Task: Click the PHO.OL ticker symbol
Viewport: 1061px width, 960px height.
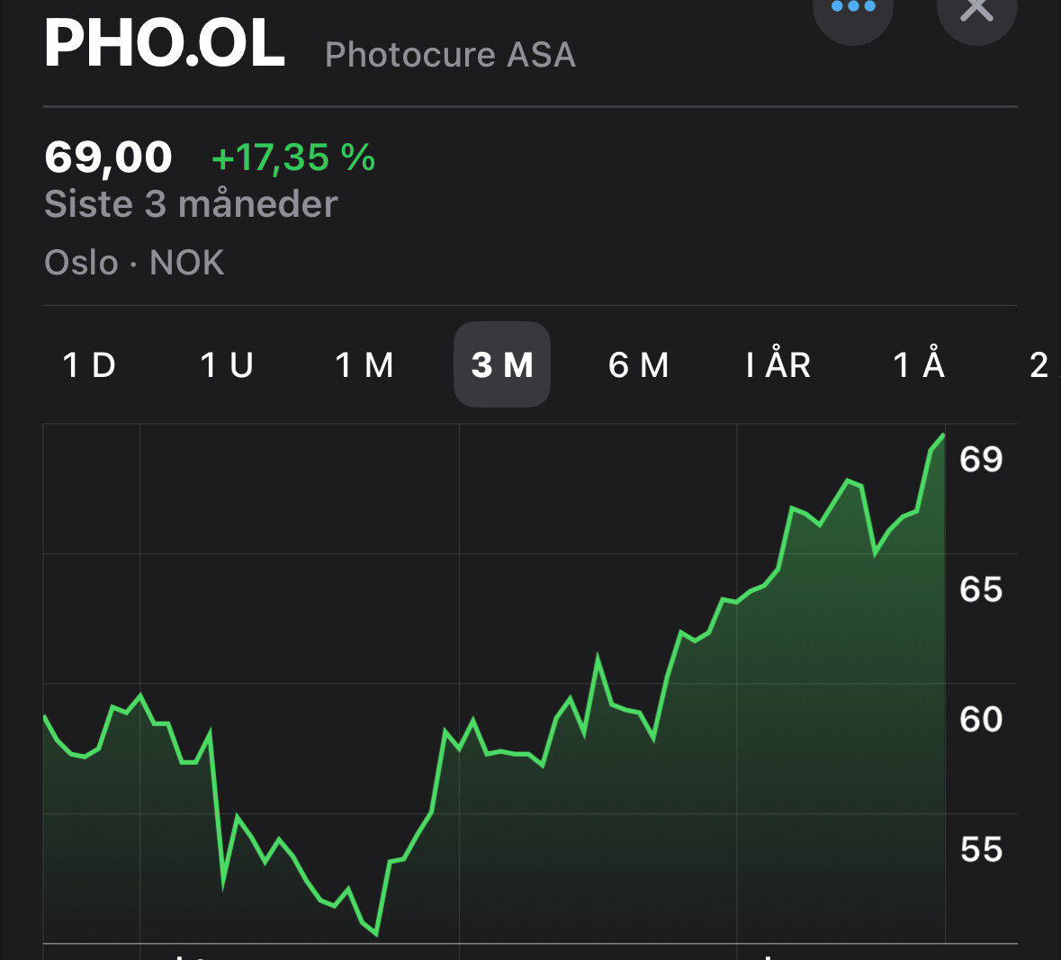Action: coord(165,45)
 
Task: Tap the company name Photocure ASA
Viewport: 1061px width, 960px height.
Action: coord(450,55)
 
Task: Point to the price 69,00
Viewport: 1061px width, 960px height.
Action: coord(108,157)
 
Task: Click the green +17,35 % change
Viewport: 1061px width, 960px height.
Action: coord(292,157)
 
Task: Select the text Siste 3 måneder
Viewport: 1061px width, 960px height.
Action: coord(191,204)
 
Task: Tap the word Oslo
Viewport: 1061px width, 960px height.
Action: coord(81,263)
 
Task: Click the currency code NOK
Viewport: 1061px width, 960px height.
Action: coord(187,263)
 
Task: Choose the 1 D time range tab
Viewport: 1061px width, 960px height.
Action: coord(89,365)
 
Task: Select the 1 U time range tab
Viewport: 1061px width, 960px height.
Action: coord(227,365)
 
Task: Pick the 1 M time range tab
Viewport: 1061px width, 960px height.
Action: coord(364,365)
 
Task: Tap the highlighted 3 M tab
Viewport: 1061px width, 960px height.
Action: coord(502,365)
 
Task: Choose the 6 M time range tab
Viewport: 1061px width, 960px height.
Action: coord(639,365)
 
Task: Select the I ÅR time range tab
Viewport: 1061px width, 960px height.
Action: coord(778,365)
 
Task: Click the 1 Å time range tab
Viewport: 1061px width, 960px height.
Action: coord(919,365)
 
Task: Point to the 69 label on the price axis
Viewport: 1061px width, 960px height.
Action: coord(981,460)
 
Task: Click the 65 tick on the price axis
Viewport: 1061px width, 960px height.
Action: coord(981,589)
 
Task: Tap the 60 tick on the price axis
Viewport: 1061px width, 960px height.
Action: coord(981,720)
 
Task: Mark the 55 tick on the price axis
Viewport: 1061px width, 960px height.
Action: coord(981,849)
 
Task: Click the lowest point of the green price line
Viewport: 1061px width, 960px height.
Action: coord(376,934)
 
